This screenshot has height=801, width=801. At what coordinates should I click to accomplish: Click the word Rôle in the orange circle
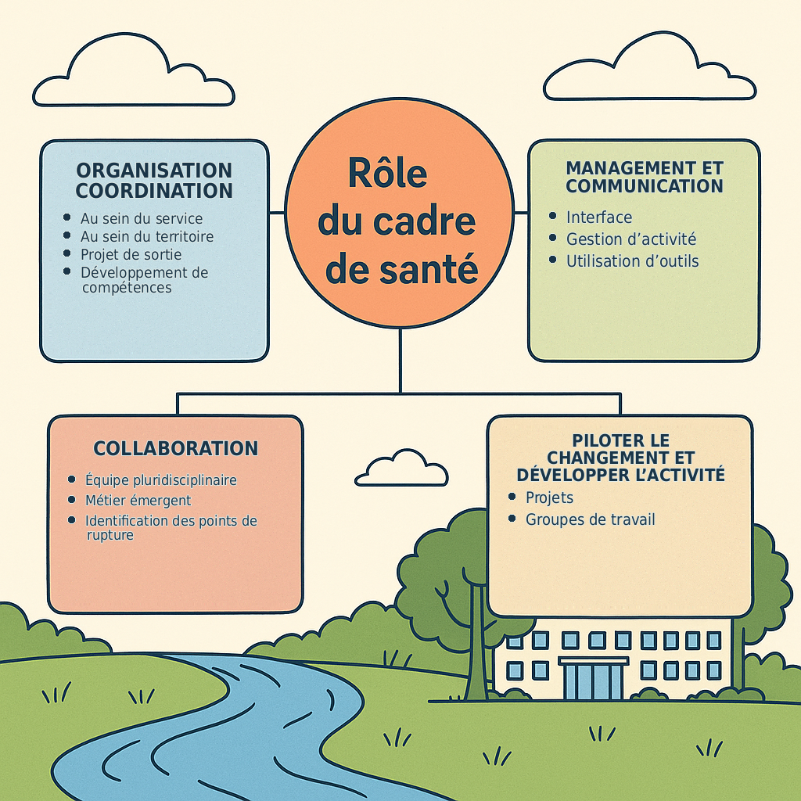388,173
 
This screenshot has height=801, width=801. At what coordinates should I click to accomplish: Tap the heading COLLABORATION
176,448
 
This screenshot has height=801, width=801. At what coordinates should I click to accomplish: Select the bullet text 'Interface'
599,217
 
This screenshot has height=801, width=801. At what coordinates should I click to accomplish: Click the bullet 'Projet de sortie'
131,254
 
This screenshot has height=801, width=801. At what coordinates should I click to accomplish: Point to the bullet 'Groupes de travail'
590,519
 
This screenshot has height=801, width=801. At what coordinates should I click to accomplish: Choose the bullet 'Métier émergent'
138,500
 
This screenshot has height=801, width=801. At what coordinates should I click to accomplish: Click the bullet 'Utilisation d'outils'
632,261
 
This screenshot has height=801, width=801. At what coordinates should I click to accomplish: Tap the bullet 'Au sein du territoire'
146,236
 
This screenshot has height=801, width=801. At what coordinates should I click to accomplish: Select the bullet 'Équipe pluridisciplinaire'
161,480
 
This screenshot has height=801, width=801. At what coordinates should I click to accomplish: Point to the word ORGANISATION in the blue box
154,170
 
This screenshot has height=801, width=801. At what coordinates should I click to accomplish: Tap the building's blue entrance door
593,681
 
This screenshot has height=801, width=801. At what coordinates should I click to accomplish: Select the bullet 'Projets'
549,497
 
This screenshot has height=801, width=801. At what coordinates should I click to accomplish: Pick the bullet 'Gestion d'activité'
631,239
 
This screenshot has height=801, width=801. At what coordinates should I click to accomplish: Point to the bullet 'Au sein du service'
142,219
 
